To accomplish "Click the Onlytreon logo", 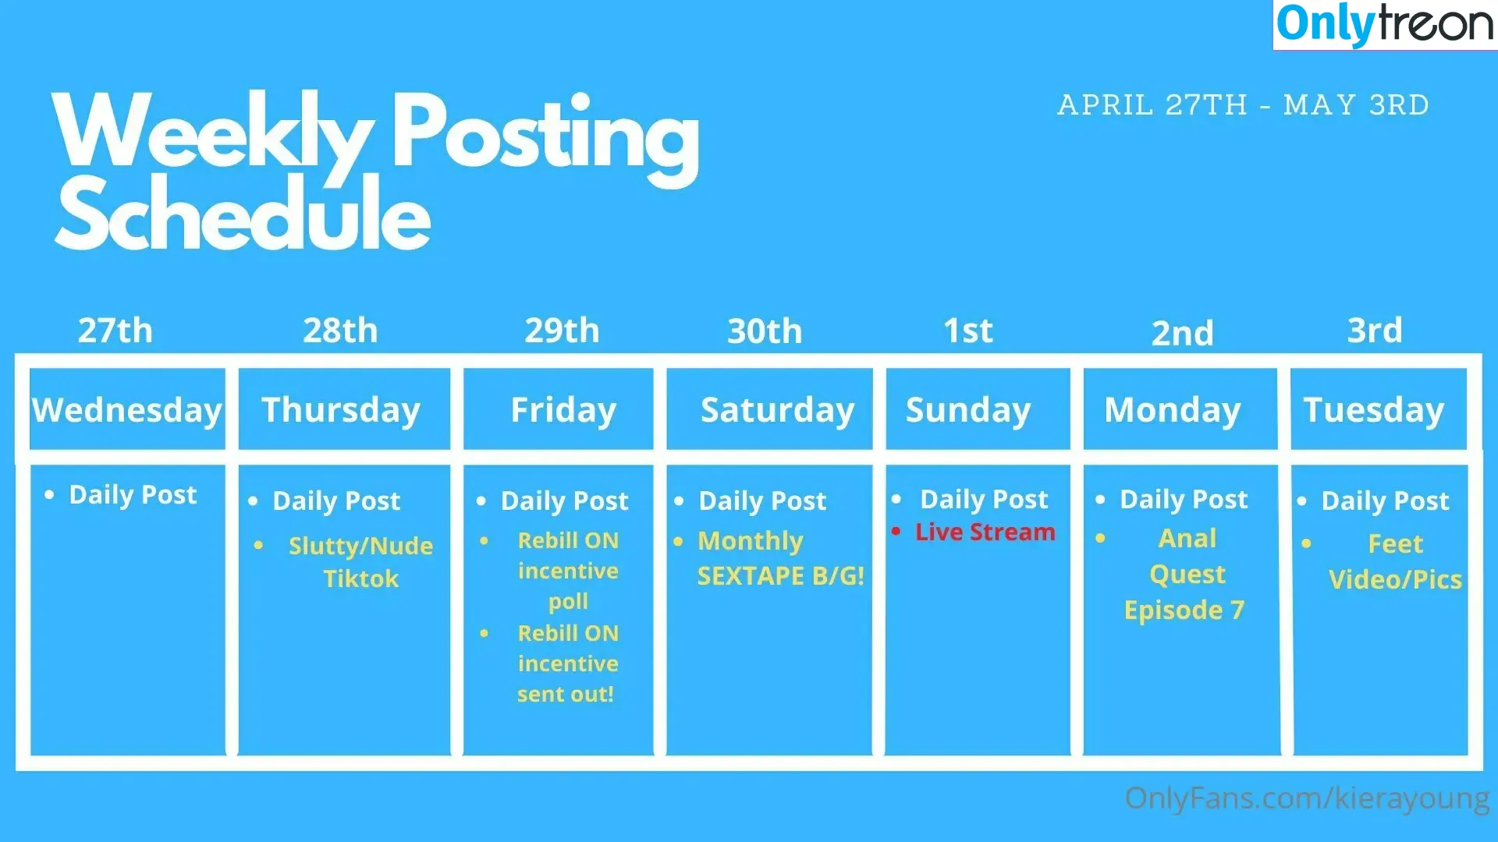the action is point(1385,24).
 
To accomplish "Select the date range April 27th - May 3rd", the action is point(1243,104).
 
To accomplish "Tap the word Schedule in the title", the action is point(243,213).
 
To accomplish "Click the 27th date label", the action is point(115,331).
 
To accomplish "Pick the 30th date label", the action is point(765,331).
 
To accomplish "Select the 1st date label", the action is point(968,331).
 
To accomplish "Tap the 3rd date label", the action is point(1375,331).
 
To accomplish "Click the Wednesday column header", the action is point(127,409).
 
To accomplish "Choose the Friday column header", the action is point(563,410).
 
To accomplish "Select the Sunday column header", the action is point(968,410).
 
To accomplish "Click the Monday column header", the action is point(1173,410).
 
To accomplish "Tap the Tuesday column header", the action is point(1374,410).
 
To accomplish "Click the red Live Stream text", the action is point(985,532).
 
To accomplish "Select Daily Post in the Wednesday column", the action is point(133,495).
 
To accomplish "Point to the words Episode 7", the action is point(1184,610).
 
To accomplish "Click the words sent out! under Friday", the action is point(566,694).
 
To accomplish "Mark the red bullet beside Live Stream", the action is point(896,532).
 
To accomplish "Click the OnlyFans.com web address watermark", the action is point(1308,799).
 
